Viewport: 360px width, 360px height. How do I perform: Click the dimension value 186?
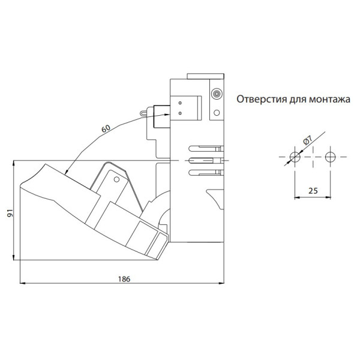coord(124,279)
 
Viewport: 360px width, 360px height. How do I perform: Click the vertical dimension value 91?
coord(10,213)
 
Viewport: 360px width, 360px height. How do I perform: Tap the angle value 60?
coord(106,128)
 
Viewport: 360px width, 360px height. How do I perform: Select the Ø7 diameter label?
coord(308,140)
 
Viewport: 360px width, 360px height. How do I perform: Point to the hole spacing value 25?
coord(313,191)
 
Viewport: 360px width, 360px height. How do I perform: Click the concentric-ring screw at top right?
coord(216,94)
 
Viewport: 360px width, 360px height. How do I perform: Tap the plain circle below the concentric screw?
coord(217,113)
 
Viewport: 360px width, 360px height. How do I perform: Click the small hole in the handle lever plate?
coord(116,179)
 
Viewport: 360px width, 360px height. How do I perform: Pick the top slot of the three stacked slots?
coord(206,148)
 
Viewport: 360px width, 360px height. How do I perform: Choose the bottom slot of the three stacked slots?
coord(206,173)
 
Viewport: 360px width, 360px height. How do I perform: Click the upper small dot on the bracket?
coord(180,103)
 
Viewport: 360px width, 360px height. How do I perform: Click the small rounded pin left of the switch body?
coord(144,113)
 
